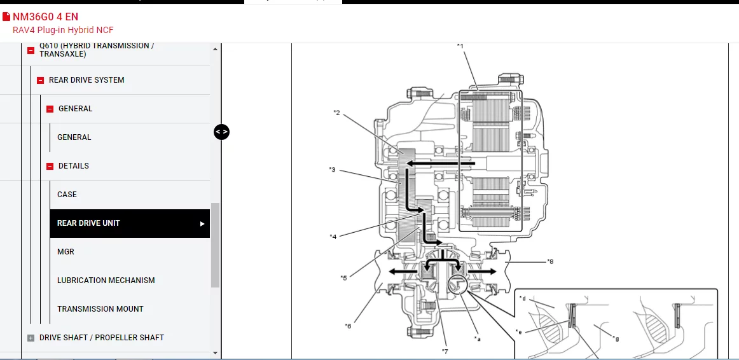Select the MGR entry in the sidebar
coord(66,252)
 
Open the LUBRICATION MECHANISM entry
coord(106,280)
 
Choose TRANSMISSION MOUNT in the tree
coord(100,309)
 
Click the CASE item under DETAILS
coord(67,195)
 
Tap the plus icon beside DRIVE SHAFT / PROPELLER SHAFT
coord(31,338)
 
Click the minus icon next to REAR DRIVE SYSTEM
coord(41,81)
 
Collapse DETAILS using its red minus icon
coord(50,167)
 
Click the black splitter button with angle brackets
coord(221,132)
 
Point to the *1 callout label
coord(460,46)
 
